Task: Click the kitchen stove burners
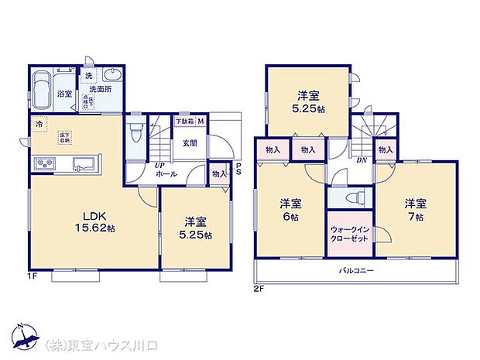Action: [x=44, y=163]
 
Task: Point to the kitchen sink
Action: [x=84, y=164]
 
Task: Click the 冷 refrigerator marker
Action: [x=39, y=122]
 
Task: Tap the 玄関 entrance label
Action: [x=189, y=142]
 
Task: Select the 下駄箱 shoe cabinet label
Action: [x=184, y=122]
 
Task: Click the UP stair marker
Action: [x=159, y=166]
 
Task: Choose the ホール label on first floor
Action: [x=166, y=175]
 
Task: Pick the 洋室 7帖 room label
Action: [x=415, y=210]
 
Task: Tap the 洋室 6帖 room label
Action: [x=291, y=210]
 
